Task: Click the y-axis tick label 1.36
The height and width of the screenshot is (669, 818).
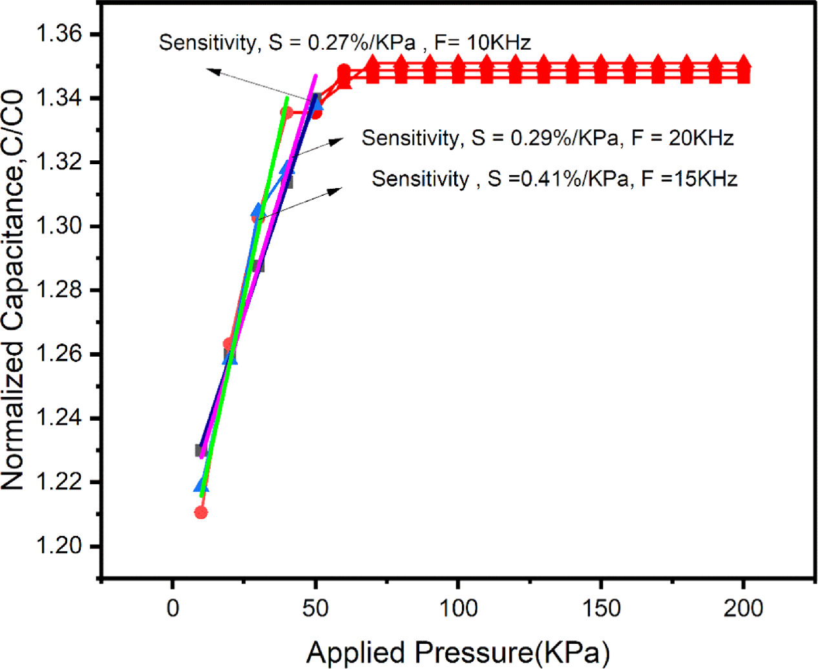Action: click(x=59, y=34)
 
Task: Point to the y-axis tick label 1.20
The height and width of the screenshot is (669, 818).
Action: click(x=59, y=546)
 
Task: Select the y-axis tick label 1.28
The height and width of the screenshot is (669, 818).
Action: click(x=59, y=290)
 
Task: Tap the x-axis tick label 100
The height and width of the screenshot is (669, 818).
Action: click(x=458, y=608)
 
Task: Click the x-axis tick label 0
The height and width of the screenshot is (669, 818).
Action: click(x=173, y=608)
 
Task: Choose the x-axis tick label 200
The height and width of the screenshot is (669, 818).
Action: click(x=743, y=608)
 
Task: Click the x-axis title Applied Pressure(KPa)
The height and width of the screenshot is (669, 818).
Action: click(x=458, y=652)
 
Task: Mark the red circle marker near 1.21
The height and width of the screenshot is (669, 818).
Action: click(x=201, y=513)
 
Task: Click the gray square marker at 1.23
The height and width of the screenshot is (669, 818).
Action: click(x=201, y=450)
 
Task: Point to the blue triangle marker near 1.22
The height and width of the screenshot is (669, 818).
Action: click(x=201, y=485)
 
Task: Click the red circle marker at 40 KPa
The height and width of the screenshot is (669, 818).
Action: click(x=286, y=113)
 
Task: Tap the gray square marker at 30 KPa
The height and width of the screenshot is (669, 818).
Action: click(x=258, y=266)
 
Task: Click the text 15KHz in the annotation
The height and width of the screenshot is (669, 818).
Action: click(x=706, y=178)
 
